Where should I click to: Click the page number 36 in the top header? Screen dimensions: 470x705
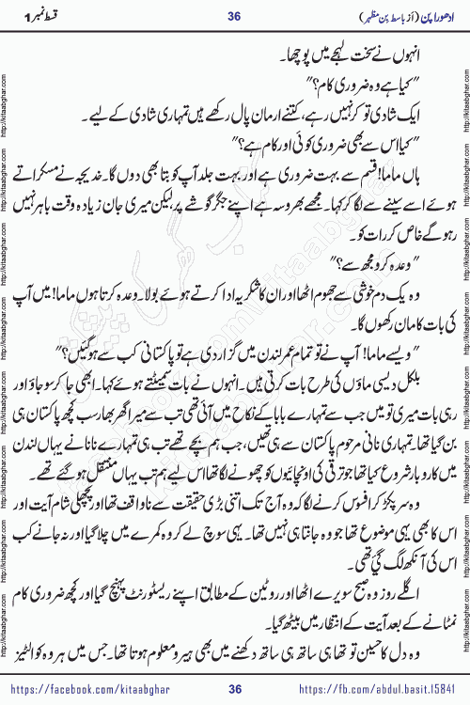pyautogui.click(x=235, y=14)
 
